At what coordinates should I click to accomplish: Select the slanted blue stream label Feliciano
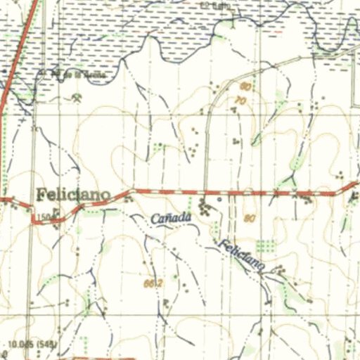point(241,255)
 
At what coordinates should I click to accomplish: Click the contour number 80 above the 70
point(245,86)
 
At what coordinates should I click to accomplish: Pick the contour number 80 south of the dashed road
point(250,218)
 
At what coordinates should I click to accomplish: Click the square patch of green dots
point(265,245)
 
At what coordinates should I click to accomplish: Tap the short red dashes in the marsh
point(277,31)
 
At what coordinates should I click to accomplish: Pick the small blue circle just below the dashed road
point(220,200)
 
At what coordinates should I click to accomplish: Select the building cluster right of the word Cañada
point(205,207)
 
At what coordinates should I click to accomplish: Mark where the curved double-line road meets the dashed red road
point(206,191)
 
